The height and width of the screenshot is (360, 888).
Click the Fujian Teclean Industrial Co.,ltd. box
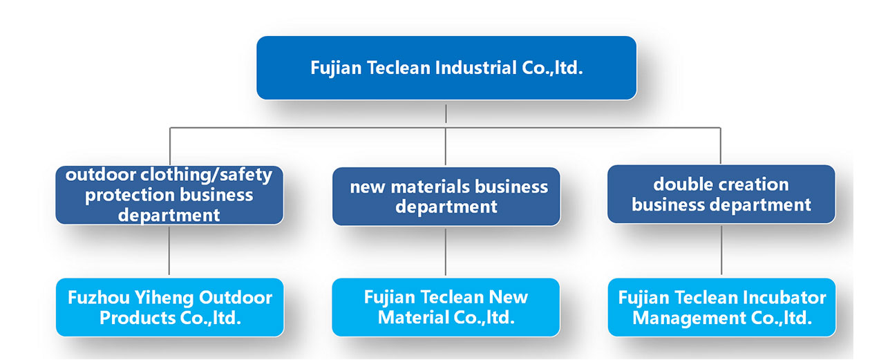tap(446, 68)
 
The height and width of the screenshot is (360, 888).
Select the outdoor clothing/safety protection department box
tap(169, 195)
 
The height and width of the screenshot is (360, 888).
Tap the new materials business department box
tap(446, 196)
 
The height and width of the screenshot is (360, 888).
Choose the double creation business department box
tap(721, 194)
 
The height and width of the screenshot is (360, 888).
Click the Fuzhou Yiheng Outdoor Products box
tap(169, 307)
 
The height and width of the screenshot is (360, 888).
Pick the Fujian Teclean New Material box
tap(446, 307)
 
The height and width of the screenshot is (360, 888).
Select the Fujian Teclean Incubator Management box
tap(721, 307)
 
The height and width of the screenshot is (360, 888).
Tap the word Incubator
tap(785, 298)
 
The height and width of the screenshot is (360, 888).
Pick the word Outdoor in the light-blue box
tap(236, 298)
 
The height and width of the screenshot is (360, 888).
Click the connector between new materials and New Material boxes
tap(446, 252)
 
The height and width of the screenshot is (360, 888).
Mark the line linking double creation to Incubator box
tap(721, 250)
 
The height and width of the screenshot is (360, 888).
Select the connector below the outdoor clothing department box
tap(169, 251)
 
